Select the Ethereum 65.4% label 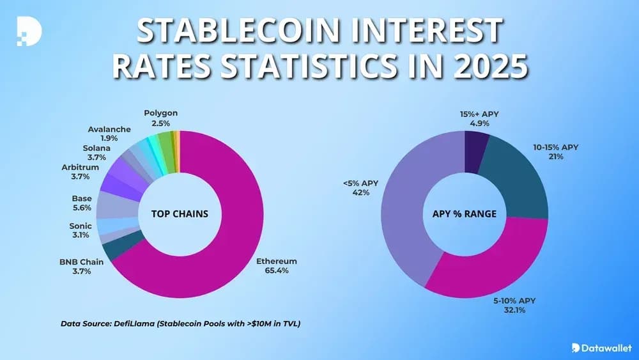[276, 266]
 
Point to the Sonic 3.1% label [81, 231]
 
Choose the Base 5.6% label [82, 203]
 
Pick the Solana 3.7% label [96, 153]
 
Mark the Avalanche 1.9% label [109, 134]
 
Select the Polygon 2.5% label [160, 118]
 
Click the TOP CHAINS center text [180, 214]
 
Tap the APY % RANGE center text [465, 214]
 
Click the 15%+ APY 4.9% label [479, 118]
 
